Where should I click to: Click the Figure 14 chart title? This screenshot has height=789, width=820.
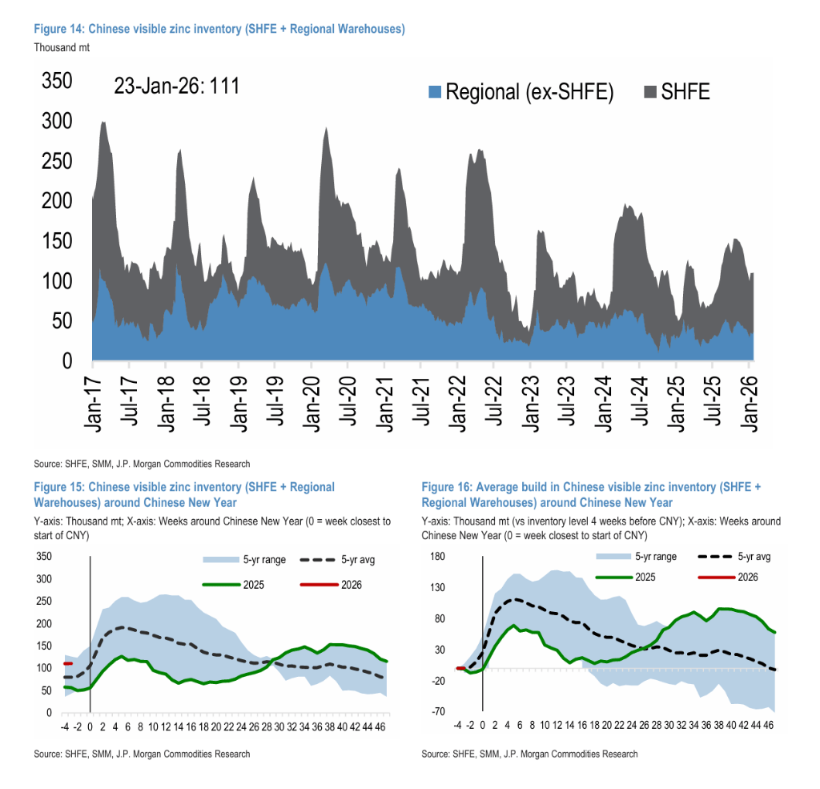[x=219, y=29]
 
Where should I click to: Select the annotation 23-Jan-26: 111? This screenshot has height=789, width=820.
[x=177, y=87]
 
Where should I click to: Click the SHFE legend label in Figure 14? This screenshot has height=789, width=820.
[x=685, y=91]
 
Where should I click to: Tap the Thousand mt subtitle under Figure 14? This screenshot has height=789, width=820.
[x=62, y=46]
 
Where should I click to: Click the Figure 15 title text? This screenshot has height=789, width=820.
[x=184, y=494]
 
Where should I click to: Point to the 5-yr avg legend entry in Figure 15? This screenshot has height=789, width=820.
[x=337, y=560]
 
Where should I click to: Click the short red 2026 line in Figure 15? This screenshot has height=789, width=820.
[x=68, y=663]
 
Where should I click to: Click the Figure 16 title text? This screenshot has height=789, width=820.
[x=590, y=494]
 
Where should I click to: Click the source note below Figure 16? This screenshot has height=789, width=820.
[x=529, y=754]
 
